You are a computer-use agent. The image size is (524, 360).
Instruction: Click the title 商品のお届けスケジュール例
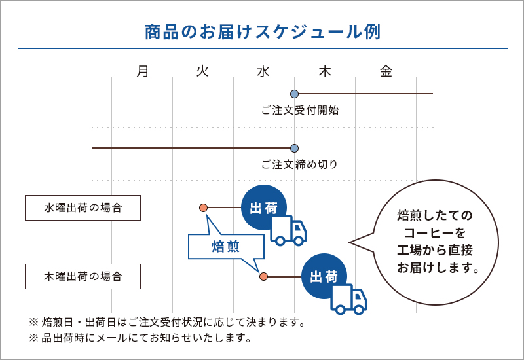pyautogui.click(x=263, y=32)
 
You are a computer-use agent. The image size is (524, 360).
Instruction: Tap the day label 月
pyautogui.click(x=143, y=71)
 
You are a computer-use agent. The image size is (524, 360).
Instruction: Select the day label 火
pyautogui.click(x=202, y=71)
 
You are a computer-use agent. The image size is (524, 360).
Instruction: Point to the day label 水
pyautogui.click(x=263, y=71)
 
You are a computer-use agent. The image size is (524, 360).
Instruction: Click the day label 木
pyautogui.click(x=324, y=71)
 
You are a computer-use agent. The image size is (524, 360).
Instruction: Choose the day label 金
pyautogui.click(x=386, y=71)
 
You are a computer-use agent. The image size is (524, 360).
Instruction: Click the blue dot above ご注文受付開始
pyautogui.click(x=294, y=94)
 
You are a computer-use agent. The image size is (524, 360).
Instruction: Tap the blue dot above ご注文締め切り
pyautogui.click(x=294, y=148)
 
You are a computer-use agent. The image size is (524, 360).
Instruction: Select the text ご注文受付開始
pyautogui.click(x=300, y=110)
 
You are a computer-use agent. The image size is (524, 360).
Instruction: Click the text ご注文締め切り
pyautogui.click(x=300, y=164)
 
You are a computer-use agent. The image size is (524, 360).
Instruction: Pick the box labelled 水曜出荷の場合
pyautogui.click(x=83, y=207)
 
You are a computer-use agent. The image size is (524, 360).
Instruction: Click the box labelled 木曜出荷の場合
pyautogui.click(x=83, y=276)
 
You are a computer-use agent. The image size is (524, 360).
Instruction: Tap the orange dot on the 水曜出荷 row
pyautogui.click(x=203, y=207)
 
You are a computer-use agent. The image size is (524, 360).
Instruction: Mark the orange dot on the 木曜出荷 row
pyautogui.click(x=264, y=276)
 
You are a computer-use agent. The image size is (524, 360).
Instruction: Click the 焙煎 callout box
pyautogui.click(x=226, y=247)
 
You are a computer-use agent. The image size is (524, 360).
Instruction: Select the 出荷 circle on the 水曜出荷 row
pyautogui.click(x=264, y=207)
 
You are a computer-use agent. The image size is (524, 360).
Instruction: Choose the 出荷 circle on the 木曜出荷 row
pyautogui.click(x=324, y=276)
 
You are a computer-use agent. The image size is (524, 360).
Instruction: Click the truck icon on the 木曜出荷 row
pyautogui.click(x=348, y=299)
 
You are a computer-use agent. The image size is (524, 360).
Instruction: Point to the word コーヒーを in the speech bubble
pyautogui.click(x=434, y=233)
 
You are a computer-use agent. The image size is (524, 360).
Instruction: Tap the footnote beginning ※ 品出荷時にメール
pyautogui.click(x=140, y=338)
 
